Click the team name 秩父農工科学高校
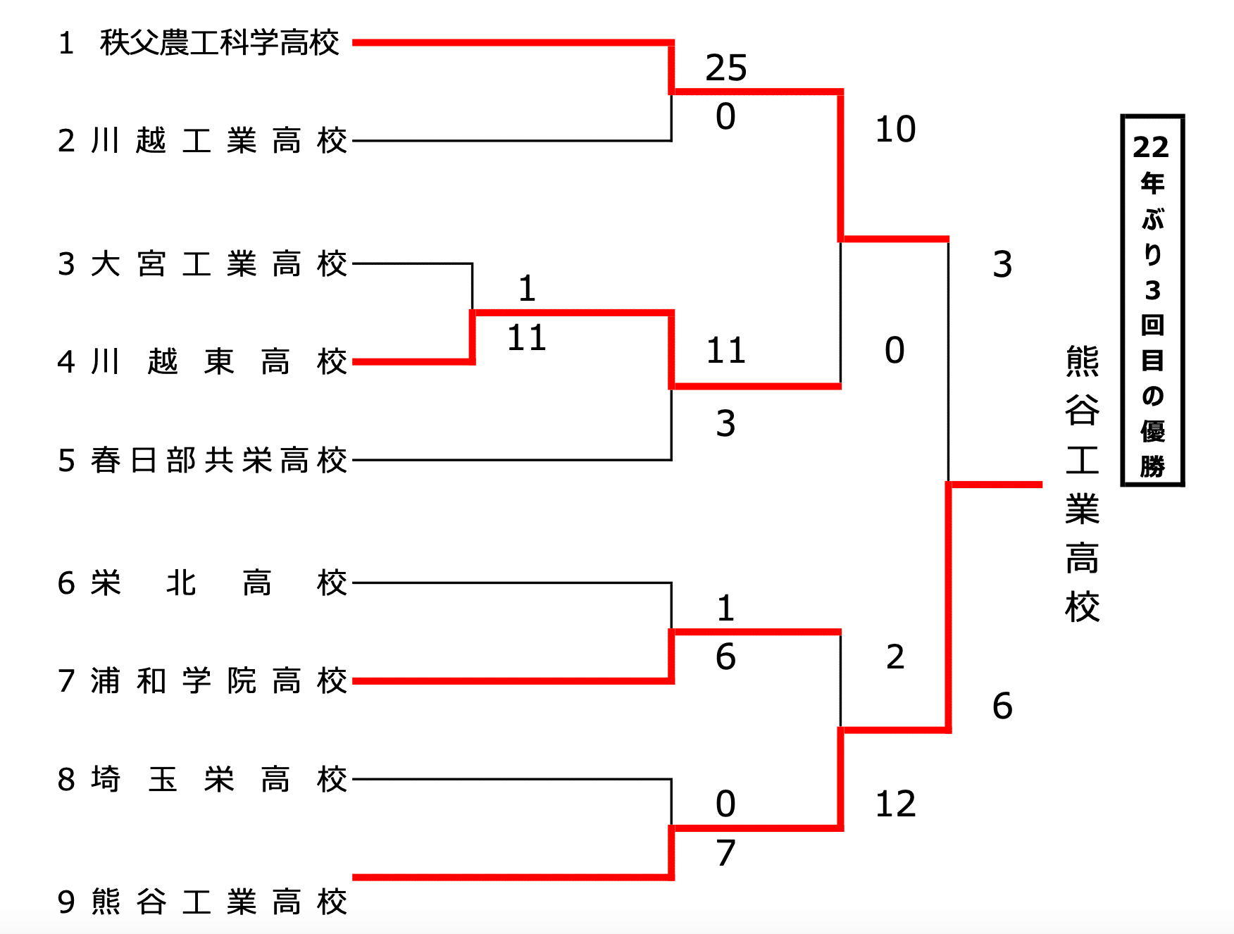pos(219,43)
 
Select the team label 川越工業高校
pos(219,141)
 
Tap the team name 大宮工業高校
pos(219,264)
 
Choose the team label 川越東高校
pos(219,362)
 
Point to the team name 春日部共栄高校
pos(219,461)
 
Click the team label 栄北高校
pos(219,583)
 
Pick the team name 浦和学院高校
pos(219,681)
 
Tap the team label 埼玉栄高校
pos(219,780)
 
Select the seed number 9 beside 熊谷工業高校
pos(66,902)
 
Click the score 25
pos(726,68)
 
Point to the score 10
pos(895,130)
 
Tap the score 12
pos(895,804)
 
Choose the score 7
pos(725,853)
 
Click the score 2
pos(895,656)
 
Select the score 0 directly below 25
pos(725,117)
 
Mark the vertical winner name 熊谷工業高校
pos(1082,484)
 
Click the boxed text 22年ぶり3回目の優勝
pos(1152,301)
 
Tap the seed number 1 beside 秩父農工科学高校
pos(66,44)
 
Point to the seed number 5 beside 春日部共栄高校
pos(66,461)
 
